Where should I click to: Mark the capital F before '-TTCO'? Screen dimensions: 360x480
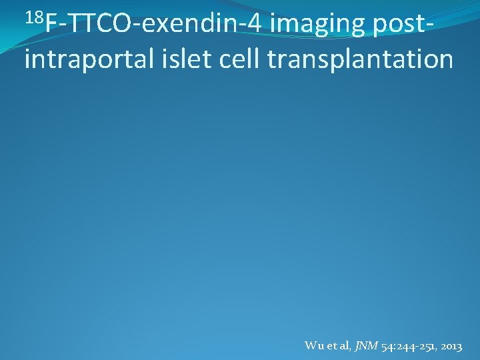[x=51, y=25]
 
